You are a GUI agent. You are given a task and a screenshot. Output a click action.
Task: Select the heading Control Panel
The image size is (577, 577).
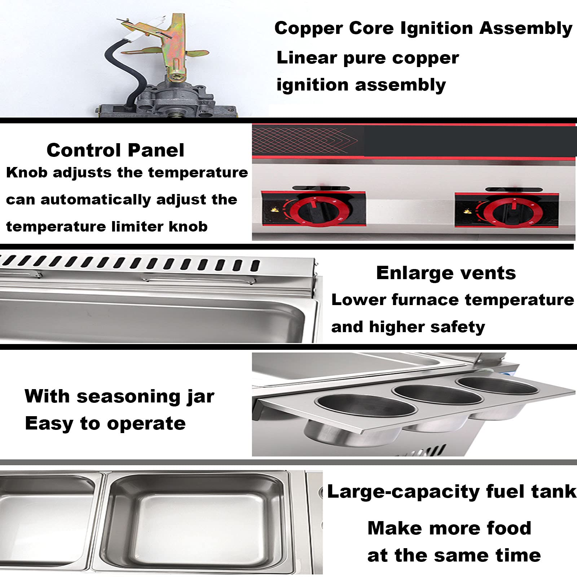point(115,150)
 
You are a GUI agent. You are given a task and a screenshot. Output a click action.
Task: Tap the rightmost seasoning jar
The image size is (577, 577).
point(499,395)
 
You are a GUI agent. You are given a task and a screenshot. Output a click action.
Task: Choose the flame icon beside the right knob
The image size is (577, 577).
point(468,211)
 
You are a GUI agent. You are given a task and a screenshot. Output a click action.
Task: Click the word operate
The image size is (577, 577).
point(146,424)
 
